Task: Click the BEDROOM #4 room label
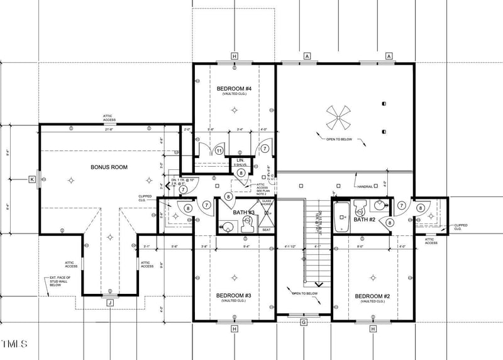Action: pos(234,88)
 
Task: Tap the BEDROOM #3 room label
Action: pos(234,295)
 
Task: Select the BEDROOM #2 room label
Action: pos(372,296)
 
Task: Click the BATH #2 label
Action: pos(364,220)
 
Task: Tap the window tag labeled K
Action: pos(31,180)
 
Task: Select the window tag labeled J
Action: pos(109,303)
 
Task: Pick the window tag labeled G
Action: pos(304,322)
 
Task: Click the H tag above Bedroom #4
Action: pos(235,57)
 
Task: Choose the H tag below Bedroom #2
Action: pos(373,329)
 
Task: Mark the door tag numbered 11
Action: pos(219,150)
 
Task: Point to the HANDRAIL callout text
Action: pos(367,186)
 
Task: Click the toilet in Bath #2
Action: pos(360,206)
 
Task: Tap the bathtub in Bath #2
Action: pos(341,217)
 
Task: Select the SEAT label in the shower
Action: pos(266,230)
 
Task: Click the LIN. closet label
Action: pos(240,162)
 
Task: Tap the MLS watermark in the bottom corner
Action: pos(14,344)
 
